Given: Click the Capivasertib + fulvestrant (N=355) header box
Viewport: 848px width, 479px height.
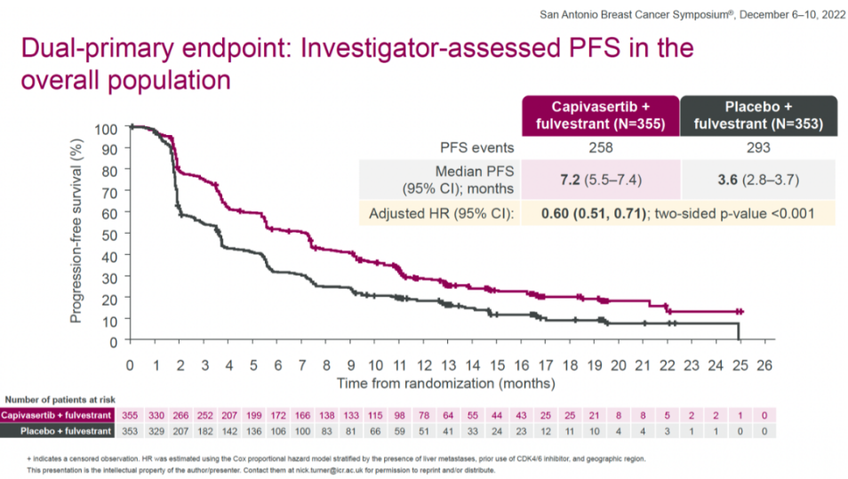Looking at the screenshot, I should point(600,116).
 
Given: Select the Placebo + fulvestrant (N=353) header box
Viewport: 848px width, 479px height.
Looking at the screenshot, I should point(758,116).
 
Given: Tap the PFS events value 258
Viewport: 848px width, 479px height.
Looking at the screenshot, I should point(600,148).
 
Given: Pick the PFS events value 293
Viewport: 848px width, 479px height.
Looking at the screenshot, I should point(758,148).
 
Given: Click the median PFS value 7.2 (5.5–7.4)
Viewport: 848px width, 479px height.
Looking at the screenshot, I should point(600,180).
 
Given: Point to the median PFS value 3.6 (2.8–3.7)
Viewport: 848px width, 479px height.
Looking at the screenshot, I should point(758,180).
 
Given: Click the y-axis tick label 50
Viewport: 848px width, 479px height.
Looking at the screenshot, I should point(108,235).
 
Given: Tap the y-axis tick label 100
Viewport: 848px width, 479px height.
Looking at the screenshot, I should point(105,129).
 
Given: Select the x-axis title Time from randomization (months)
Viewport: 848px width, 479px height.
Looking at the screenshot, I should point(446,383).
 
